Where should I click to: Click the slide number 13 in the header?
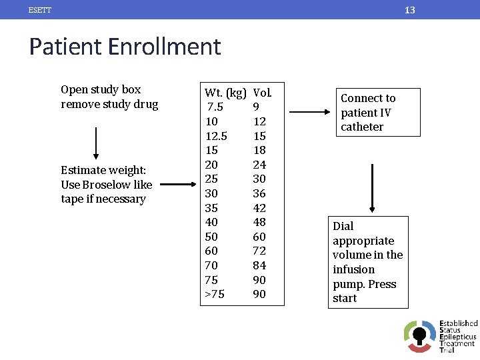(x=410, y=10)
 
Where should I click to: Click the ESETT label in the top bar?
(x=40, y=10)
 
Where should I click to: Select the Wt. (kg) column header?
(x=225, y=93)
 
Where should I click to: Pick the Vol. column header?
(x=262, y=93)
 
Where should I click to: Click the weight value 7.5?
(x=215, y=107)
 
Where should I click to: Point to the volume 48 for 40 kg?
(x=259, y=222)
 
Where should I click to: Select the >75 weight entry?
(x=215, y=294)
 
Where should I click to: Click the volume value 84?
(x=259, y=265)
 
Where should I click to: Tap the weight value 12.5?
(x=216, y=136)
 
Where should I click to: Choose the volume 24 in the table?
(x=259, y=165)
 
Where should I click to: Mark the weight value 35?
(x=211, y=208)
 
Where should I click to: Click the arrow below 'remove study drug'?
(x=97, y=142)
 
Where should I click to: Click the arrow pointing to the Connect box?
(x=313, y=113)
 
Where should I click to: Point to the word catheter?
(x=362, y=127)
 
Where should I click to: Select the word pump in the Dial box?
(x=347, y=284)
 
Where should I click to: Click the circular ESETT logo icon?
(x=419, y=335)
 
